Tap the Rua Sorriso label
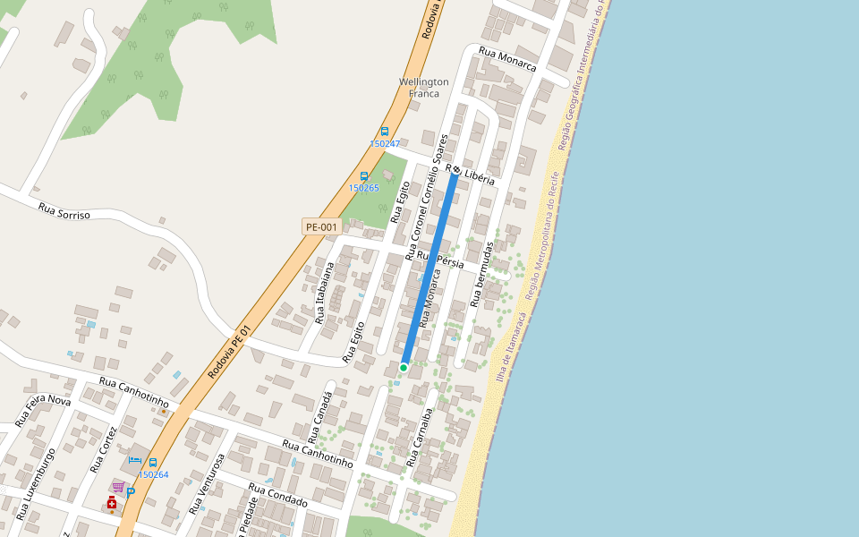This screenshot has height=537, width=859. [x=64, y=211]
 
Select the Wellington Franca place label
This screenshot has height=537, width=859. [x=424, y=87]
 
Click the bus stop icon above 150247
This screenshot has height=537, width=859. [x=385, y=132]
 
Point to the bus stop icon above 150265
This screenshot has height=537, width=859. [x=364, y=176]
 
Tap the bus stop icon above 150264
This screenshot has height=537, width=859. [x=153, y=463]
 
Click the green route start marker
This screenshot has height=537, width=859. [x=404, y=367]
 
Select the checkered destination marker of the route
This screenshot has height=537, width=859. [x=455, y=170]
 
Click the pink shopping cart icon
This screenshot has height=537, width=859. [x=117, y=486]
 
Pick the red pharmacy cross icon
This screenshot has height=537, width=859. [x=112, y=503]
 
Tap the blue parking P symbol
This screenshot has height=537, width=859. [x=131, y=492]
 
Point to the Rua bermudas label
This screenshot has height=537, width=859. [x=482, y=274]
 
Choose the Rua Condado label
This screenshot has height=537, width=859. [x=277, y=495]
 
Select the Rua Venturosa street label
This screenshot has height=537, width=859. [x=206, y=483]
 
